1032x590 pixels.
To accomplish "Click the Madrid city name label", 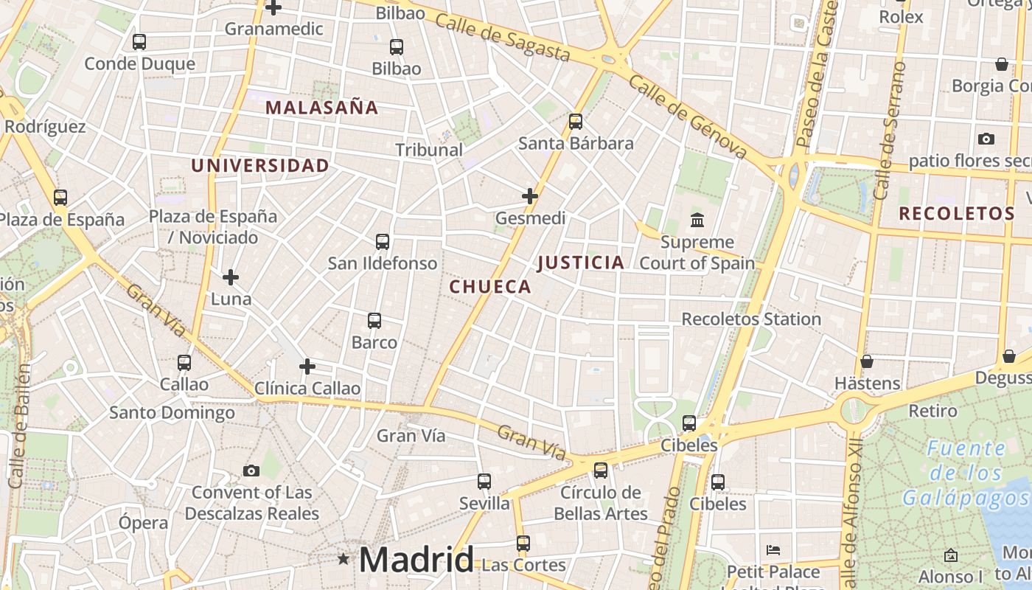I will click(416, 560).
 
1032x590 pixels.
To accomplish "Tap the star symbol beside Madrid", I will click(344, 559).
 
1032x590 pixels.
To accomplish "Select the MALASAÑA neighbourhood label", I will click(321, 108).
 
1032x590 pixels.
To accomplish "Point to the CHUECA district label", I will click(490, 287).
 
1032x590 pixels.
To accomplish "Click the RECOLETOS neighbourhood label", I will click(957, 214).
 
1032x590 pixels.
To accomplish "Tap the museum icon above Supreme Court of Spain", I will click(697, 220).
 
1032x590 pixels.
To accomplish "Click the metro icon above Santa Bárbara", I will click(576, 122).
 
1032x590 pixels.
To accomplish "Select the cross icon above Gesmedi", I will click(530, 196).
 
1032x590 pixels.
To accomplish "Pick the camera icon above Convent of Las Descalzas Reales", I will click(251, 471).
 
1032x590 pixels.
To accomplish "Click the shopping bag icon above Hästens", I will click(867, 361).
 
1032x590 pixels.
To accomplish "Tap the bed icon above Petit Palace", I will click(773, 550).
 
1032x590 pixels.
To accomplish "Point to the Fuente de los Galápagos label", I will click(965, 473).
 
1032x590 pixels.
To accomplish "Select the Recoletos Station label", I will click(751, 319).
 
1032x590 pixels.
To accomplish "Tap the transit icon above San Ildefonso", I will click(383, 241).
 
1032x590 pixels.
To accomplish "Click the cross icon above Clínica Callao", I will click(307, 367).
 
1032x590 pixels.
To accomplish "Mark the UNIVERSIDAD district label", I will click(260, 165).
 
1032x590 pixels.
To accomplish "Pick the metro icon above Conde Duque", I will click(139, 42).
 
